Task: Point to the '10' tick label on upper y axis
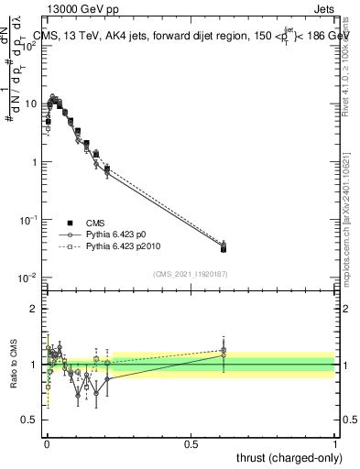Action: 30,104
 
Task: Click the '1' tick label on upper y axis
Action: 33,162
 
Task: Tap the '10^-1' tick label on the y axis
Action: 29,220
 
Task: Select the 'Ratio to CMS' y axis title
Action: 13,364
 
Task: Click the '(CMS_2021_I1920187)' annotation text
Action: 191,273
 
